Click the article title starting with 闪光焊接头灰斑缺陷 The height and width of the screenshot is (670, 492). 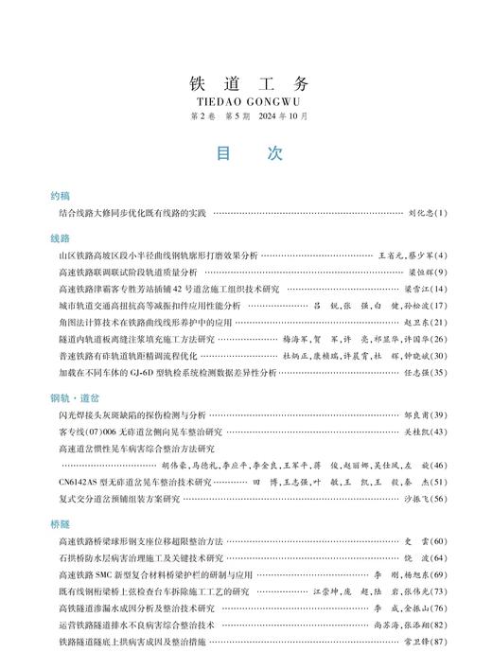point(131,415)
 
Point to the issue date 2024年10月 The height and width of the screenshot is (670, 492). point(284,116)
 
